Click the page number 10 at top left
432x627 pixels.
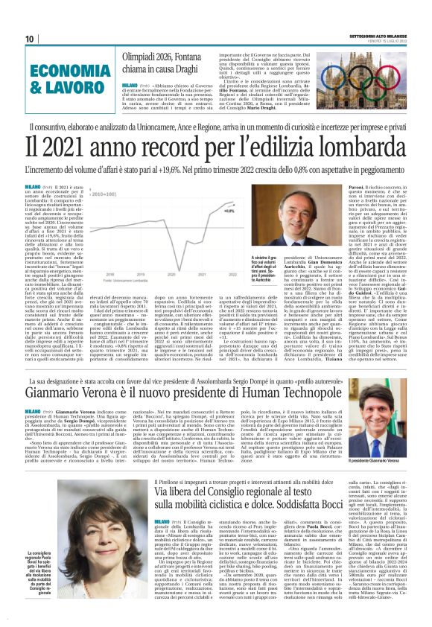pyautogui.click(x=29, y=39)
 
